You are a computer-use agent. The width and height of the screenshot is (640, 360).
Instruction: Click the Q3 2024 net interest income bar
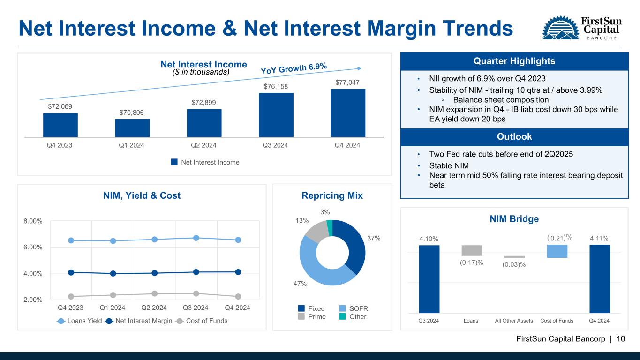coord(276,115)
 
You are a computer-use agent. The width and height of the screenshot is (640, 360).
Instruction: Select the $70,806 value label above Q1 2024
coord(132,112)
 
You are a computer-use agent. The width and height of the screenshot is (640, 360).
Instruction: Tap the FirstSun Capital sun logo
coord(561,28)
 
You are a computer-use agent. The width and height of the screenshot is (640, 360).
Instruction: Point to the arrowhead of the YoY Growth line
coord(360,68)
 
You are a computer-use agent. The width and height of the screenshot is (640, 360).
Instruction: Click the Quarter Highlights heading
coord(514,61)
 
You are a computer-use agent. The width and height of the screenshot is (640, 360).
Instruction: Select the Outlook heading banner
coord(514,137)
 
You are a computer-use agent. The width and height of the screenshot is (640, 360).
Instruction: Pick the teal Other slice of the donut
coord(330,228)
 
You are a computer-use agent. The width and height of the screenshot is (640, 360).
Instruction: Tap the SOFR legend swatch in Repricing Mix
coord(342,308)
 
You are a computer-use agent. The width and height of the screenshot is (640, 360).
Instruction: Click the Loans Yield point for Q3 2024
coord(196,238)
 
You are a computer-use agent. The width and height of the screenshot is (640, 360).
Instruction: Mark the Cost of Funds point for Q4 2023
coord(71,297)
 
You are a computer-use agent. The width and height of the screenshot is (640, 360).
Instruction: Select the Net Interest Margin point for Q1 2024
coord(113,273)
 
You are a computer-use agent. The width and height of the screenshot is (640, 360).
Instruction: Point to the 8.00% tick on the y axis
coord(33,221)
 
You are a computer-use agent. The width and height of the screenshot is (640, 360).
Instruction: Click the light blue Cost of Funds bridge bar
coord(557,251)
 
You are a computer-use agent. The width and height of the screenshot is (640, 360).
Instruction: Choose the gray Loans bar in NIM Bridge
coord(472,250)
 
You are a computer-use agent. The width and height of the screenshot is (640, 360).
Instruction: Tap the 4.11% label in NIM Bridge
coord(599,239)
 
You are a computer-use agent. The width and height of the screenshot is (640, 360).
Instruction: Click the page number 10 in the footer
coord(621,339)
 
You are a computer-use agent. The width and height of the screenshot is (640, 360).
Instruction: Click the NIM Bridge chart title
coord(514,219)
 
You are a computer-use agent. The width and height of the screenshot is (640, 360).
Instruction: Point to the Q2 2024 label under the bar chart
coord(203,145)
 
